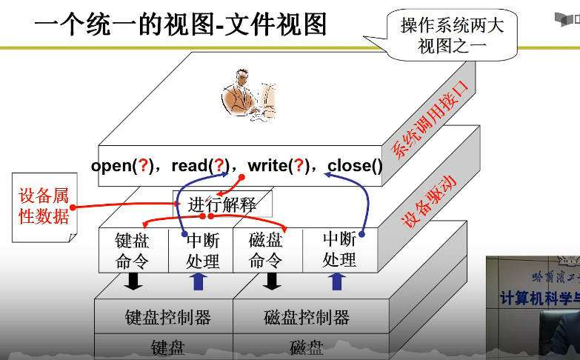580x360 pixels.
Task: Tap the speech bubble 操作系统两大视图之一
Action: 451,36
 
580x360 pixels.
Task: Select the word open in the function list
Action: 110,165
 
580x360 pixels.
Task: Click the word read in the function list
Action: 188,165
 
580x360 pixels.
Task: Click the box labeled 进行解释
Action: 222,204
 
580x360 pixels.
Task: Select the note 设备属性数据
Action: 44,206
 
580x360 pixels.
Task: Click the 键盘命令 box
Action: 132,250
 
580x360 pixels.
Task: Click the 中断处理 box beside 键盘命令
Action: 202,250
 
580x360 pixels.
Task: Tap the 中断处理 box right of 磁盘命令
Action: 339,250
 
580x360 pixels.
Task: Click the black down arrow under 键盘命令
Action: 134,281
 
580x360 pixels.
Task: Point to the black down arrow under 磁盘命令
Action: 272,281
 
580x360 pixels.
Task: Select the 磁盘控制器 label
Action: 307,318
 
